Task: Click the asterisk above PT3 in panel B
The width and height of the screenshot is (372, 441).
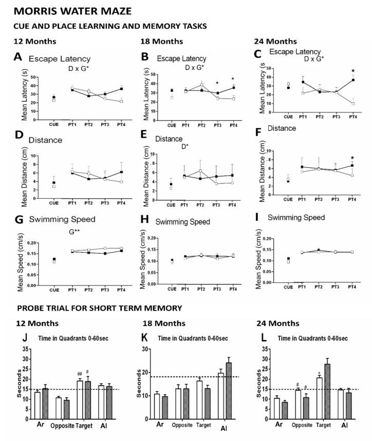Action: pos(217,84)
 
